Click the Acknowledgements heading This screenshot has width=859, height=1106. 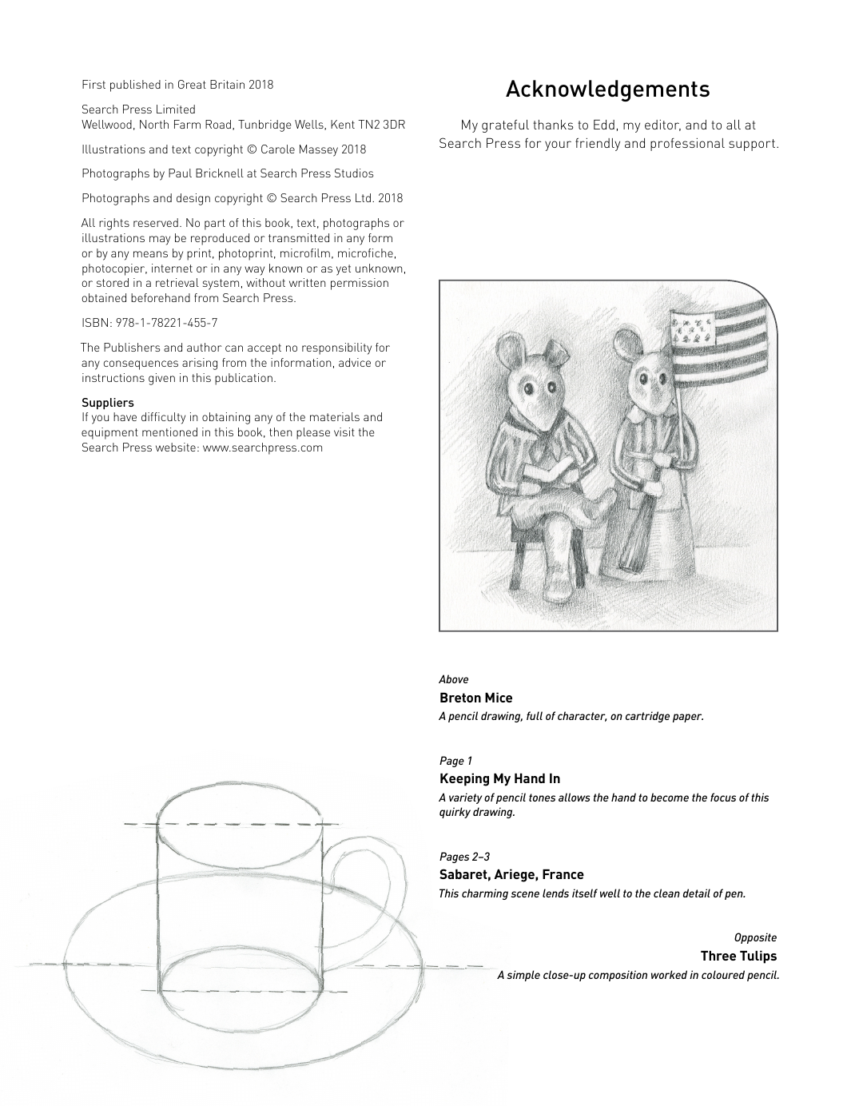(x=607, y=89)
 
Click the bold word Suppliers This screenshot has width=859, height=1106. (x=107, y=403)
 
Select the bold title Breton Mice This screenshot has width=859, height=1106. (x=475, y=698)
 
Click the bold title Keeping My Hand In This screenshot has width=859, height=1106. (x=499, y=778)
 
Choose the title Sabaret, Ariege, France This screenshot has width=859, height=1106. (x=511, y=874)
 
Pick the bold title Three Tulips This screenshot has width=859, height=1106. (x=738, y=956)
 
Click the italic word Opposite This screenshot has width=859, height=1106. (x=755, y=937)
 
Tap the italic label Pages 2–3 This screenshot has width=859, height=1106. (x=464, y=857)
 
